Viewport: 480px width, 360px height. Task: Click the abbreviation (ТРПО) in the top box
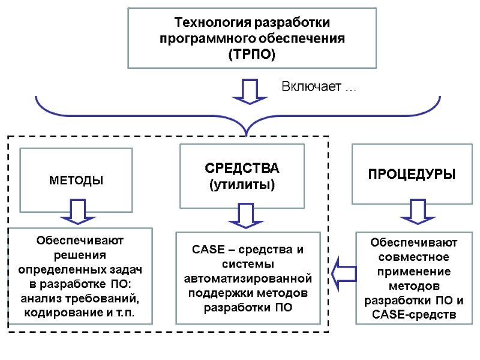tap(252, 55)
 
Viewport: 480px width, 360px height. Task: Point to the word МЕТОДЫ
tap(77, 180)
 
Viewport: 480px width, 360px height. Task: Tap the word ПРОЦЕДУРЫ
tap(412, 175)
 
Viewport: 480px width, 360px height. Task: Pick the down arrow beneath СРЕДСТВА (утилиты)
tap(245, 215)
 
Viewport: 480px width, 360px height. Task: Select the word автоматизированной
tap(248, 279)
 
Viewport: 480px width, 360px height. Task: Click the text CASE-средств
tap(413, 314)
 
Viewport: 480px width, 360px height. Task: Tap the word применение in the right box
tap(413, 271)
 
